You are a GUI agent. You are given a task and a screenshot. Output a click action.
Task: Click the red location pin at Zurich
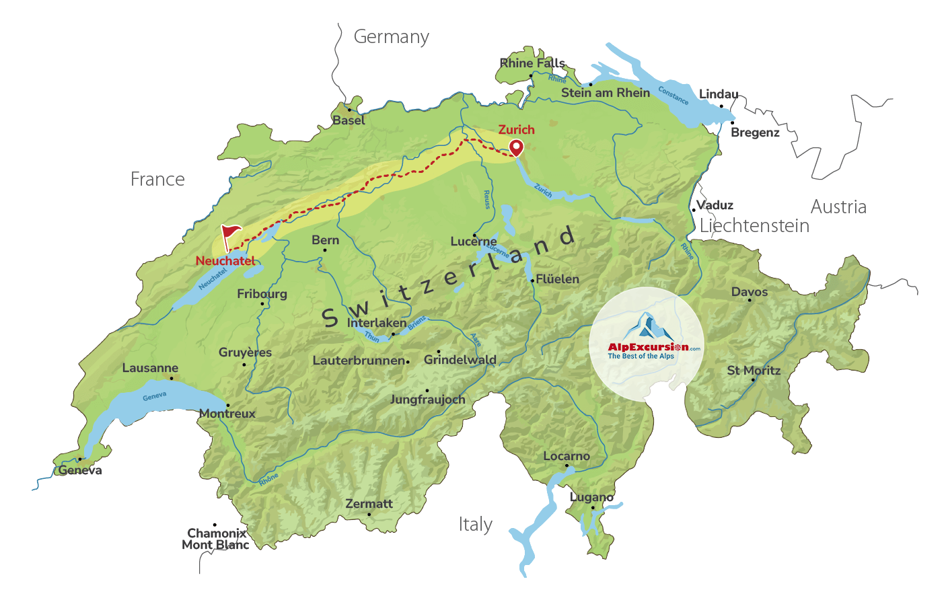pyautogui.click(x=516, y=147)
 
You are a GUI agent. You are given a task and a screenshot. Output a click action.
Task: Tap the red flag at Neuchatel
pyautogui.click(x=230, y=236)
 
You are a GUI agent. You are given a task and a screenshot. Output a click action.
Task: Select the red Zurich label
pyautogui.click(x=516, y=130)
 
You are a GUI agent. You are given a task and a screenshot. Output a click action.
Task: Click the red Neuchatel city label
pyautogui.click(x=225, y=261)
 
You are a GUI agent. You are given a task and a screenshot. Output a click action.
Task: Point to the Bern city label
pyautogui.click(x=326, y=240)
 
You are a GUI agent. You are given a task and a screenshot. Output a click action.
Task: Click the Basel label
pyautogui.click(x=349, y=120)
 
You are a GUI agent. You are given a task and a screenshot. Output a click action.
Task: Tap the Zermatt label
pyautogui.click(x=369, y=504)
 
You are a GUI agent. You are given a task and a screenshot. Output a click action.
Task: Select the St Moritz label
pyautogui.click(x=754, y=371)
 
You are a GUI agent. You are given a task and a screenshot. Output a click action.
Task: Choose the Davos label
pyautogui.click(x=750, y=292)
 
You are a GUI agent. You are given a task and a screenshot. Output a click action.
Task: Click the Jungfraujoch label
pyautogui.click(x=427, y=400)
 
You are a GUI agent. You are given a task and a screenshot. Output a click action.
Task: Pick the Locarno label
pyautogui.click(x=567, y=456)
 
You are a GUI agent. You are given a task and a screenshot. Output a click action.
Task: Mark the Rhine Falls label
pyautogui.click(x=532, y=63)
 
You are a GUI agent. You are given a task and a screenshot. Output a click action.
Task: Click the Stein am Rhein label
pyautogui.click(x=606, y=93)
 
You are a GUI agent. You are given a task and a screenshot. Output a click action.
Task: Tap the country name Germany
pyautogui.click(x=392, y=37)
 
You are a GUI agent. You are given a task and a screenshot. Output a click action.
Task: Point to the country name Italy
pyautogui.click(x=476, y=525)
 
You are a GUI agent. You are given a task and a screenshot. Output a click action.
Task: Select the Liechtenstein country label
pyautogui.click(x=754, y=226)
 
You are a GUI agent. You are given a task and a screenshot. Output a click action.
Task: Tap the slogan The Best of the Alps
pyautogui.click(x=641, y=357)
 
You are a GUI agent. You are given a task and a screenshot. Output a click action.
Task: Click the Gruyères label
pyautogui.click(x=245, y=352)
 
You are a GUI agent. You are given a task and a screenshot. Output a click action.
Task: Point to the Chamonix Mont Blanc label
pyautogui.click(x=215, y=539)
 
